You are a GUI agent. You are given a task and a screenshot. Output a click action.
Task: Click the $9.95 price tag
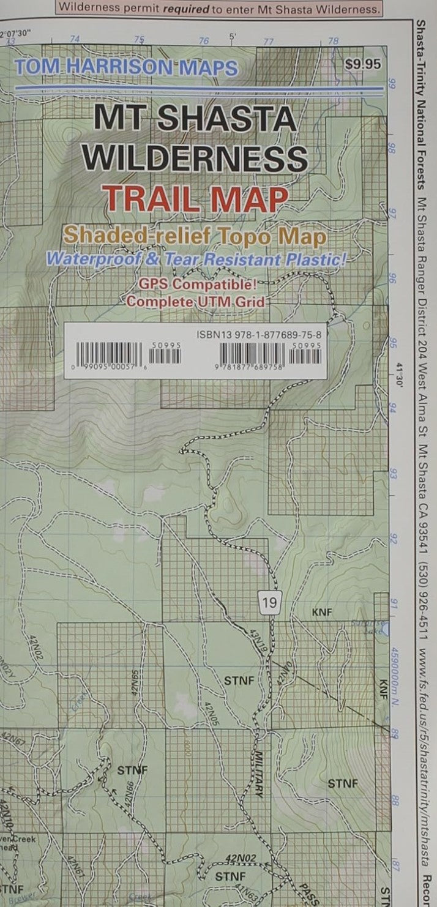coord(362,64)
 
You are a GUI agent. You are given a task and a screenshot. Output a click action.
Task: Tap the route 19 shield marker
coord(269,603)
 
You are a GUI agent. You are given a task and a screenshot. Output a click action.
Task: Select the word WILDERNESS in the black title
coord(195,159)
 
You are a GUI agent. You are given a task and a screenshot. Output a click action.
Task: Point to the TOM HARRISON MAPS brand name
coord(127,67)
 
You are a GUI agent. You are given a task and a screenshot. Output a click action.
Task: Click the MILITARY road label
coord(259,774)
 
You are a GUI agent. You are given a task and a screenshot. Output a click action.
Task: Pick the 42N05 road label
coord(212,714)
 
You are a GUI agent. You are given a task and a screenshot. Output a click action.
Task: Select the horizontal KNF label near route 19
coord(321,612)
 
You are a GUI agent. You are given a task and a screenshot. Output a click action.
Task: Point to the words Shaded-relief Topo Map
coord(195,236)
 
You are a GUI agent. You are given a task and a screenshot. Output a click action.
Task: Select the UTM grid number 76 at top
coord(204,41)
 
